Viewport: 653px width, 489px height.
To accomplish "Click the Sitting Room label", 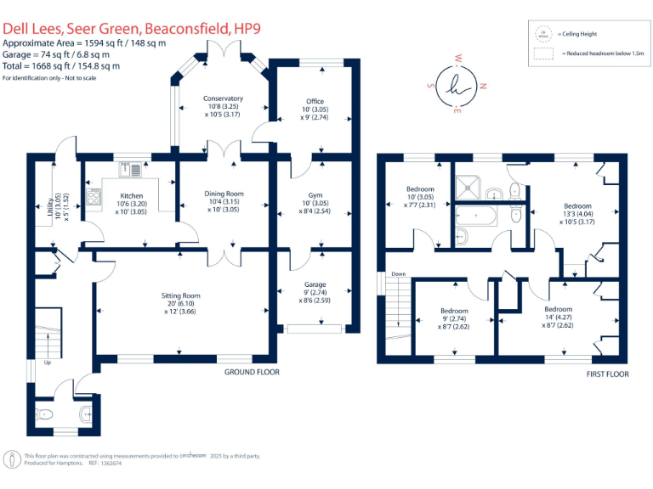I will [x=179, y=295].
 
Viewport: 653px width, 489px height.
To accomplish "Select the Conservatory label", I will [x=223, y=98].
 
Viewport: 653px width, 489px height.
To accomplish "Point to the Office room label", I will [x=315, y=102].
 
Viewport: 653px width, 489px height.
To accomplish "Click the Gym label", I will [x=315, y=193].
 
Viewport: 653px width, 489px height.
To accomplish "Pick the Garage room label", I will [x=315, y=284].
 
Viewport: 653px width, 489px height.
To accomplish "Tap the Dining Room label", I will [x=224, y=194].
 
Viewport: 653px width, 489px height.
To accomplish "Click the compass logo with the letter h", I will [x=458, y=86].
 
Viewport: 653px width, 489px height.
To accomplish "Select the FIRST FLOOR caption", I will [x=607, y=373].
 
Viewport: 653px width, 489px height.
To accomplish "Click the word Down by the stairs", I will [x=398, y=274].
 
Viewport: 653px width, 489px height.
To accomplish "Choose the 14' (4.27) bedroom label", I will [x=558, y=317].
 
